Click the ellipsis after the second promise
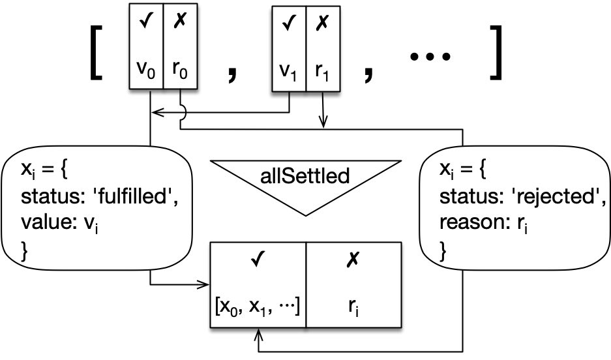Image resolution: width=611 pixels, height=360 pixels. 429,59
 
